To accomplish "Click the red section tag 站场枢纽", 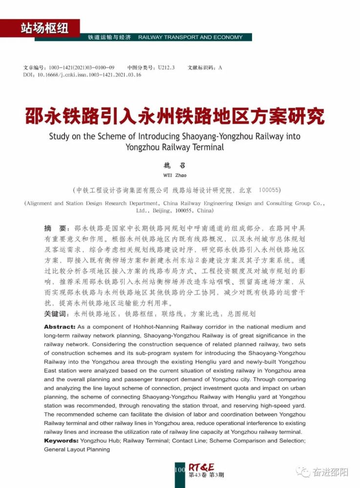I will [x=44, y=28].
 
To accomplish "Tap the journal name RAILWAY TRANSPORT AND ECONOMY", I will [x=191, y=38].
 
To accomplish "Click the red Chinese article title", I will [x=175, y=116].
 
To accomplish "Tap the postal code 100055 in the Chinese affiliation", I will [x=270, y=190].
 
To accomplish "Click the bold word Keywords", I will [x=61, y=441].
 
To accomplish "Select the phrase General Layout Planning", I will [x=77, y=449].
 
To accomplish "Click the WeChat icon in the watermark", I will [x=304, y=471].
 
